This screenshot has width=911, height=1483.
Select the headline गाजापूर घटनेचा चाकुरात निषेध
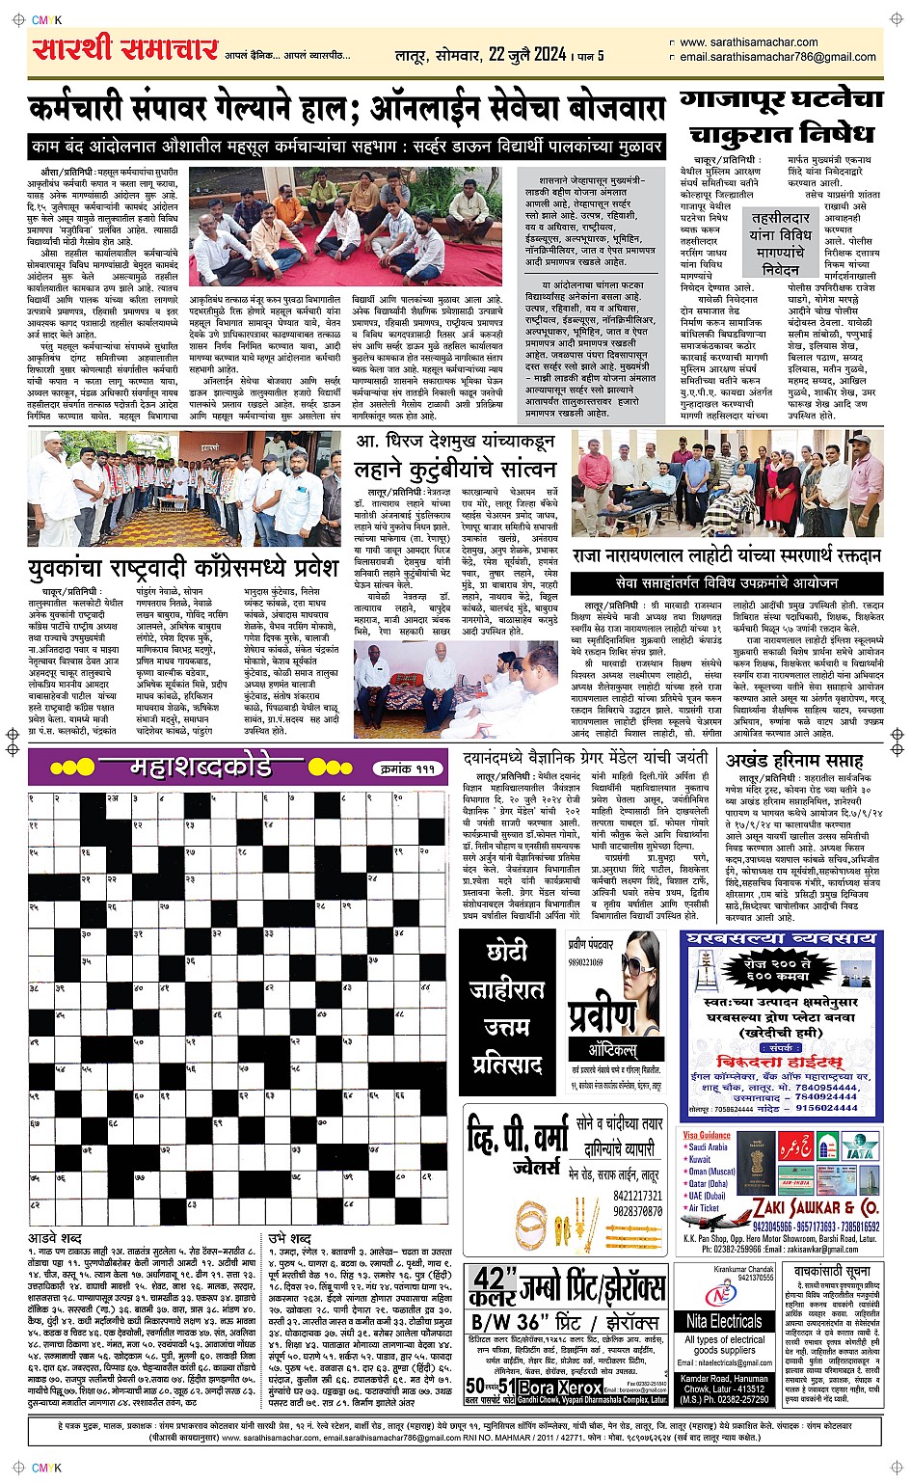[781, 116]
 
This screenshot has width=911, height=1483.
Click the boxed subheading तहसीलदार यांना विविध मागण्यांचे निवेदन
[780, 244]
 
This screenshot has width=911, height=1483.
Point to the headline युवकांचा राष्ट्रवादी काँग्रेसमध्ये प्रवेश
[183, 567]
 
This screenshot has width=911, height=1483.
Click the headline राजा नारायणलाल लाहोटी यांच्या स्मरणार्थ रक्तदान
[727, 556]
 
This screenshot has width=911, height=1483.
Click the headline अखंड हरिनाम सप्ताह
[794, 761]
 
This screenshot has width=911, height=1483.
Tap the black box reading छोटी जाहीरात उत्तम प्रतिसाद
[507, 1007]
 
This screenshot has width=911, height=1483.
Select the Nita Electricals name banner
[724, 1321]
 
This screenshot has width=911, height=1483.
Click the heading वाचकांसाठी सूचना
[832, 1271]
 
